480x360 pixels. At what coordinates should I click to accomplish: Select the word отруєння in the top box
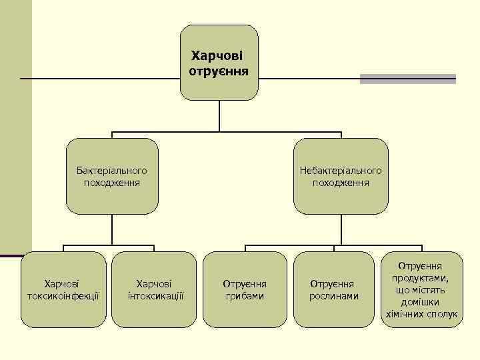pyautogui.click(x=219, y=69)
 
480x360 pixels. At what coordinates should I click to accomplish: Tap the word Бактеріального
pyautogui.click(x=112, y=171)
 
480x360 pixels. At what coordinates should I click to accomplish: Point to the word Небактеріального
pyautogui.click(x=341, y=171)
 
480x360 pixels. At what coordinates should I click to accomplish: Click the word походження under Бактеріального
pyautogui.click(x=112, y=182)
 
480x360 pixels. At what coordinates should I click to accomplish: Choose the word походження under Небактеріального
pyautogui.click(x=341, y=182)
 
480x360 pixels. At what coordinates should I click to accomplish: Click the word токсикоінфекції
pyautogui.click(x=63, y=295)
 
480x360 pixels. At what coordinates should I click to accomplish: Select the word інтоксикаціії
pyautogui.click(x=155, y=295)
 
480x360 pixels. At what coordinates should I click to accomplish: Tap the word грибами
pyautogui.click(x=245, y=295)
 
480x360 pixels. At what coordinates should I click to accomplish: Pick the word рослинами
pyautogui.click(x=334, y=295)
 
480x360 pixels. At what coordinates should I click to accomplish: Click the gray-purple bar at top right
pyautogui.click(x=407, y=79)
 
